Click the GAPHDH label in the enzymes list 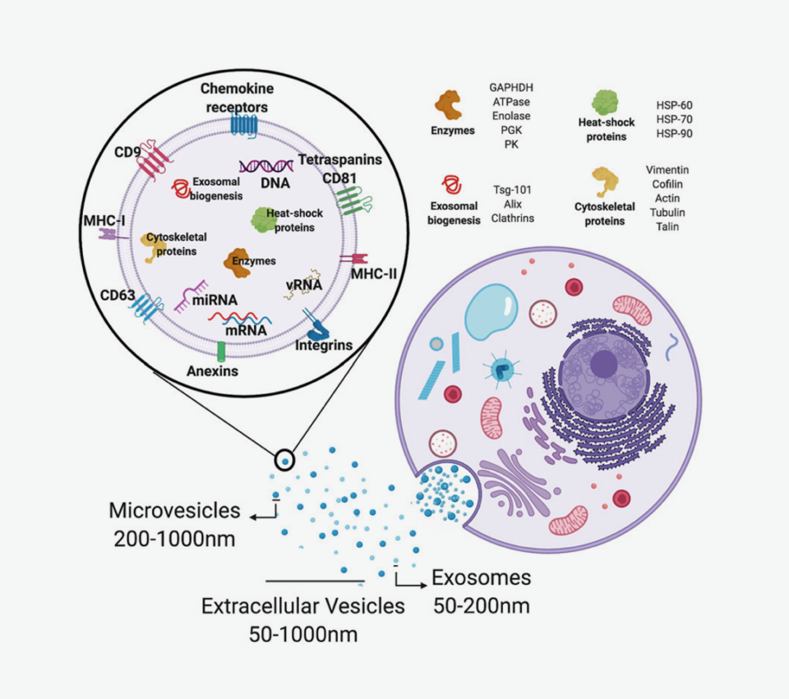point(511,87)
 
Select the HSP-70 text point(674,120)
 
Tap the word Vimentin point(667,169)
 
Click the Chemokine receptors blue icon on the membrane point(244,125)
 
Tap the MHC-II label point(374,273)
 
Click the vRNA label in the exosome point(306,285)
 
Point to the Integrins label point(324,346)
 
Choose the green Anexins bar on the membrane point(221,352)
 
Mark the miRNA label point(215,301)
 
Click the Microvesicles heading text point(175,511)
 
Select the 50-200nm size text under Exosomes point(481,606)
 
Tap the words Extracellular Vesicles point(303,606)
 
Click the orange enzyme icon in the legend point(448,105)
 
